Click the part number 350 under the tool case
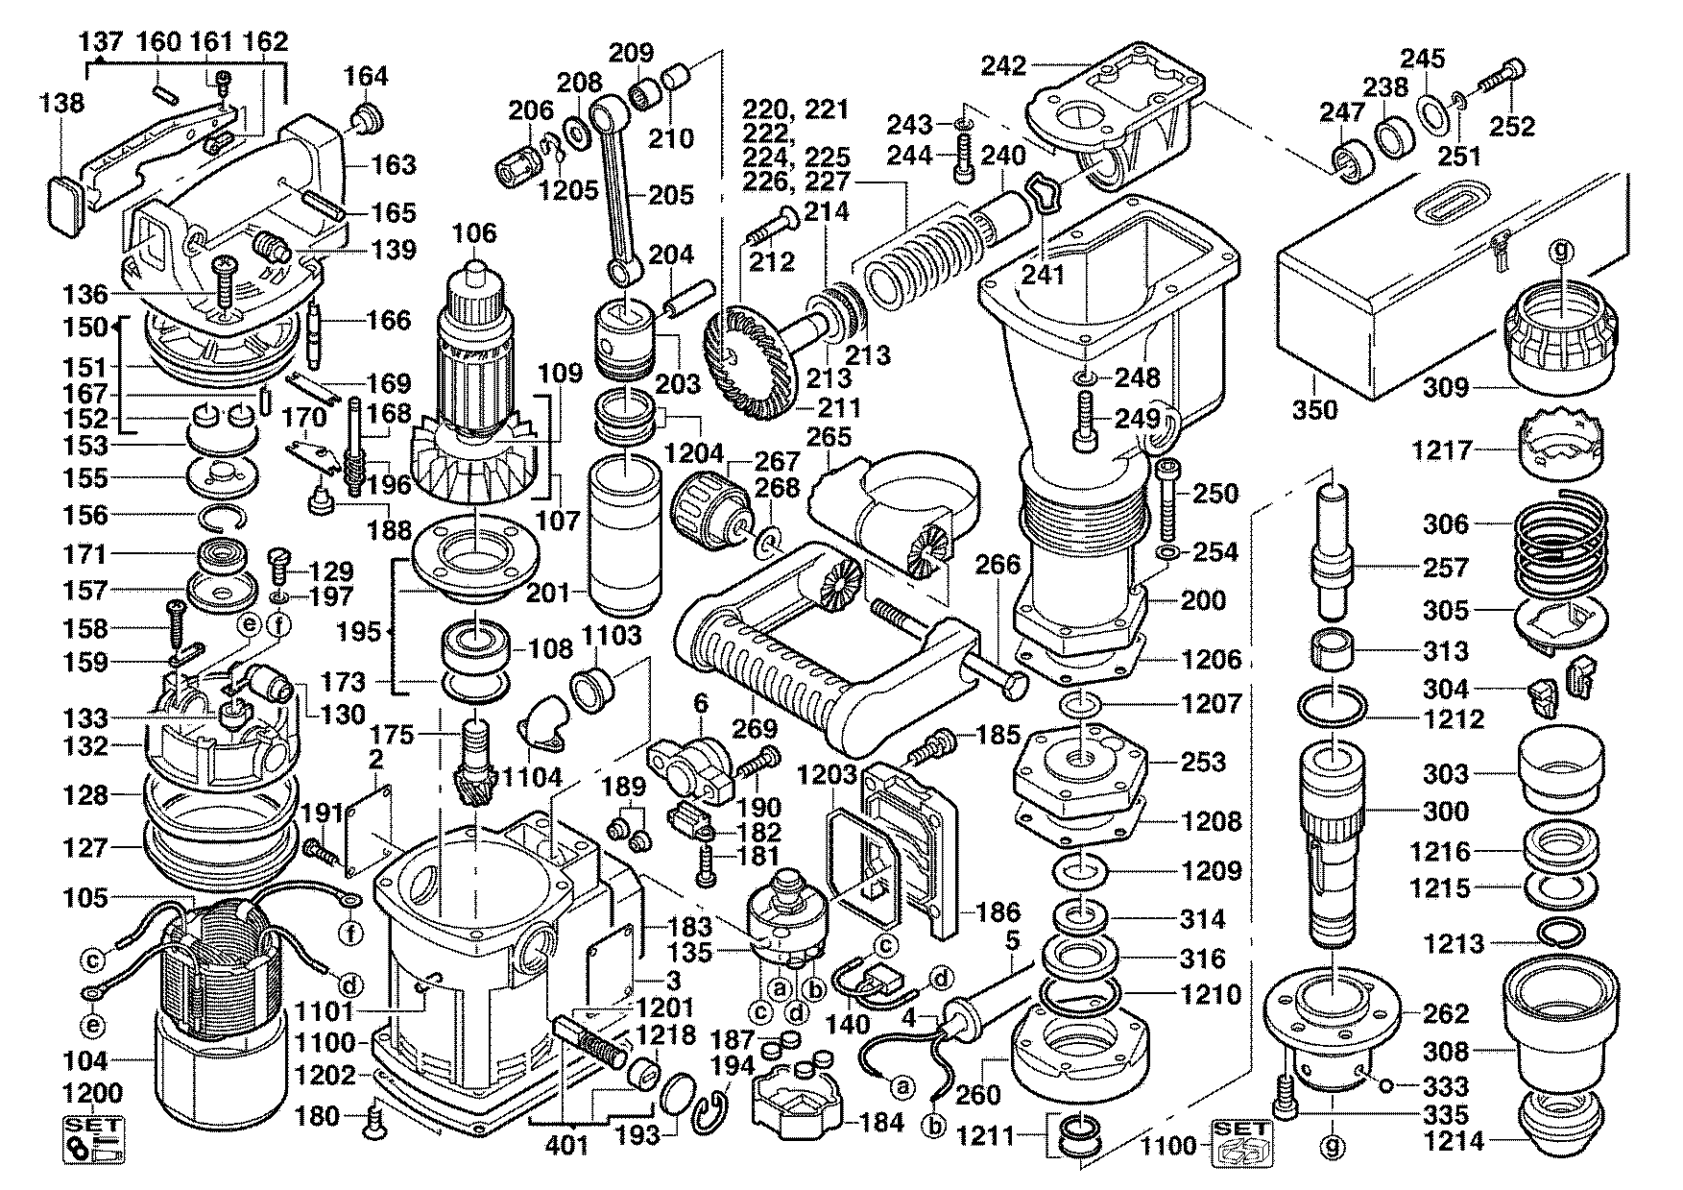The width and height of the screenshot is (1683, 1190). [1314, 410]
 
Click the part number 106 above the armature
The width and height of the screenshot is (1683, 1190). [475, 232]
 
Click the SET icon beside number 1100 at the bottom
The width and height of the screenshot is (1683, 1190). [1241, 1143]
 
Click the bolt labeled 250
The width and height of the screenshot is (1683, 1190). [1167, 498]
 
